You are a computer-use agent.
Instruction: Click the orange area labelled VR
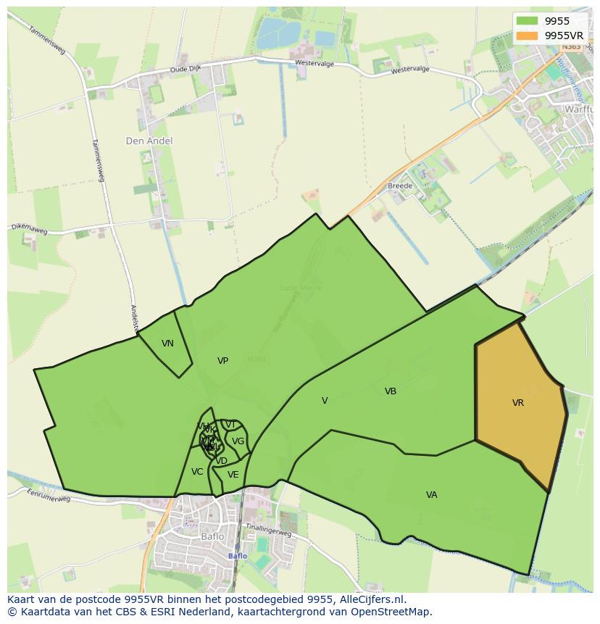(x=518, y=403)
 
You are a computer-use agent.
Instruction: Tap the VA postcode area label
(x=431, y=495)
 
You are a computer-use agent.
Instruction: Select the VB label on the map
(x=391, y=391)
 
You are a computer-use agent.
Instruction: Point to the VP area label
(x=222, y=361)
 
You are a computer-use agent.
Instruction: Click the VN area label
(x=167, y=344)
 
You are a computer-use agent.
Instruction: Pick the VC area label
(x=197, y=472)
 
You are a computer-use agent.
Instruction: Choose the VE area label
(x=233, y=475)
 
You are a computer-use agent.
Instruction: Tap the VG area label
(x=238, y=441)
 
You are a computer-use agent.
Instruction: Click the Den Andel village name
(x=149, y=141)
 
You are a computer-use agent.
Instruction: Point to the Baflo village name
(x=212, y=537)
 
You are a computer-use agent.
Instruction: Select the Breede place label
(x=399, y=186)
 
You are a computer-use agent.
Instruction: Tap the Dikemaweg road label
(x=29, y=229)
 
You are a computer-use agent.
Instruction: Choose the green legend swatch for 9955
(x=527, y=21)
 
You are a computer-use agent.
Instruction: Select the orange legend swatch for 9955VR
(x=527, y=35)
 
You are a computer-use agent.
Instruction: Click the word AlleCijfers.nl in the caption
(x=369, y=599)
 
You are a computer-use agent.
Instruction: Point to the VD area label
(x=222, y=461)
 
